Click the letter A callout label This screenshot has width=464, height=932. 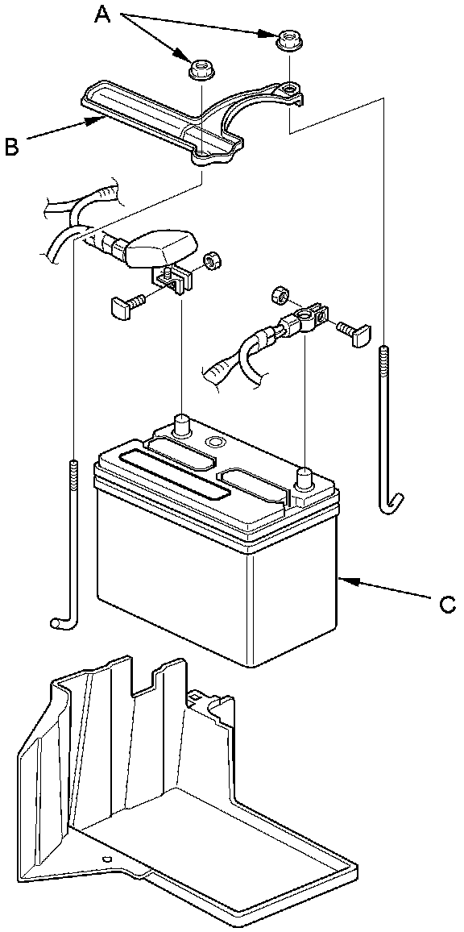point(101,15)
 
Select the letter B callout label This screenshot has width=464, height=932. point(12,146)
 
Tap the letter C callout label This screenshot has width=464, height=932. point(447,605)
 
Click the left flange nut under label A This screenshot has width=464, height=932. point(201,69)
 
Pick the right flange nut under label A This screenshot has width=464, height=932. point(288,40)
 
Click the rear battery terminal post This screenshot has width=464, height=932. point(182,424)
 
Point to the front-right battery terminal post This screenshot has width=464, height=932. point(304,477)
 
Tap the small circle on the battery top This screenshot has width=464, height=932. point(213,443)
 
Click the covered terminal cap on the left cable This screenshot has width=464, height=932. point(159,248)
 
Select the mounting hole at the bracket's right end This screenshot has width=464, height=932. point(289,88)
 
